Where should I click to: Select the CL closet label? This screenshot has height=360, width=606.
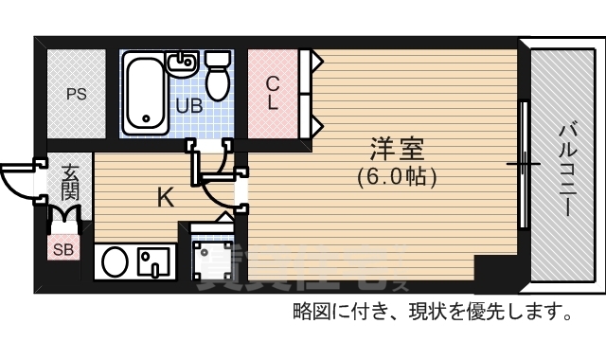click(x=272, y=92)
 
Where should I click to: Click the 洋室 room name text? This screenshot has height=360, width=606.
click(x=396, y=150)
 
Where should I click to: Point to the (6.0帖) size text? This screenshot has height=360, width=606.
click(x=396, y=175)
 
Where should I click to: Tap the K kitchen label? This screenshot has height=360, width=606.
click(x=165, y=197)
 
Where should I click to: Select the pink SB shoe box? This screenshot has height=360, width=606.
click(x=62, y=250)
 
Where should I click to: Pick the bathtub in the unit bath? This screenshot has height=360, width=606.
click(x=144, y=93)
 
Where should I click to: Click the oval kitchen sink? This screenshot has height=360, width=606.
click(x=115, y=261)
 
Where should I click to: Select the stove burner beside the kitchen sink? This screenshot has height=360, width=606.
click(x=151, y=261)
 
